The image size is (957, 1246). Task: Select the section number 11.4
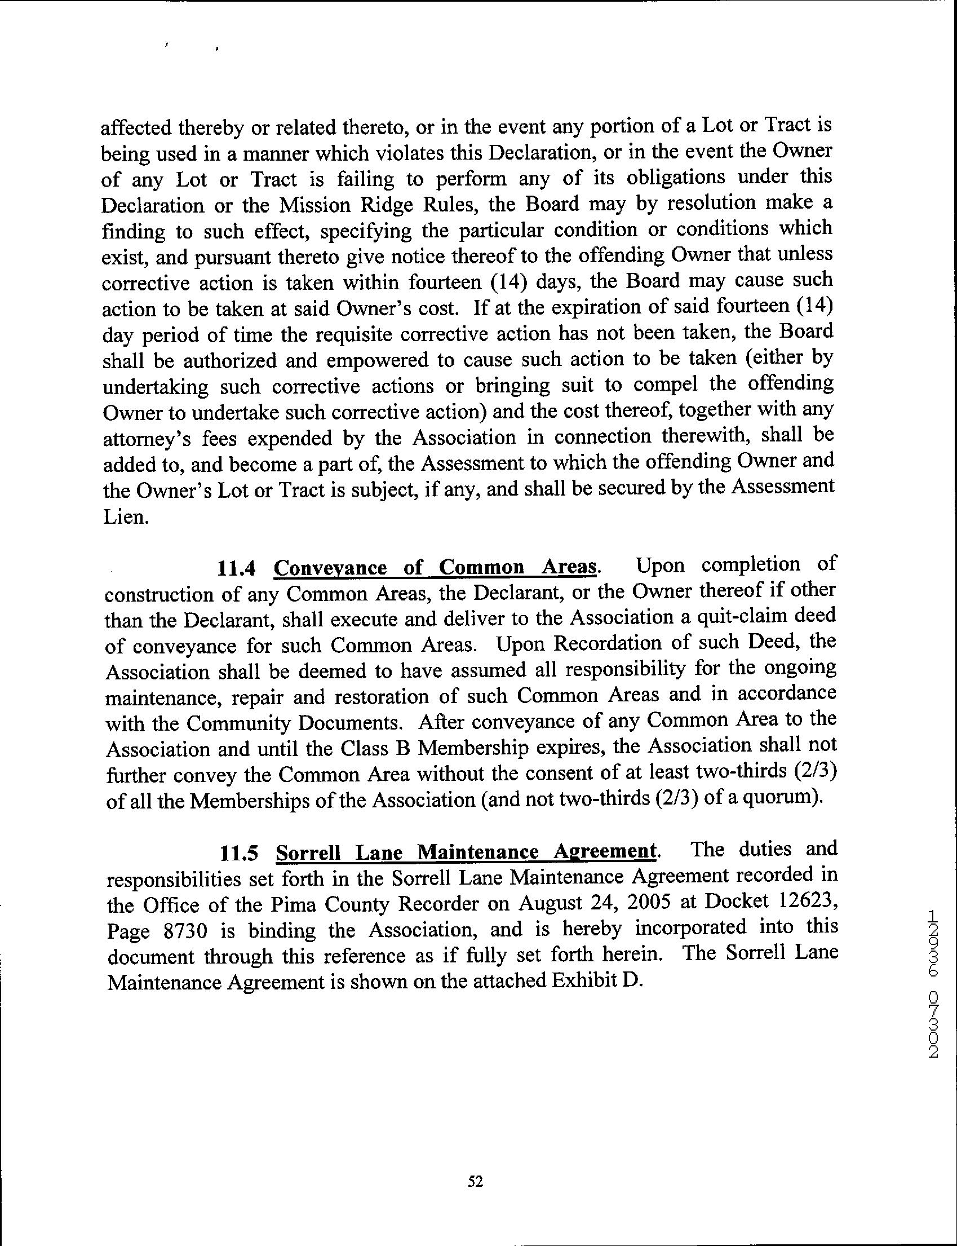(234, 568)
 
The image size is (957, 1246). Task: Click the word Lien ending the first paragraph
(123, 519)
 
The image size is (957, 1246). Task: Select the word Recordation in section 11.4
(606, 643)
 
